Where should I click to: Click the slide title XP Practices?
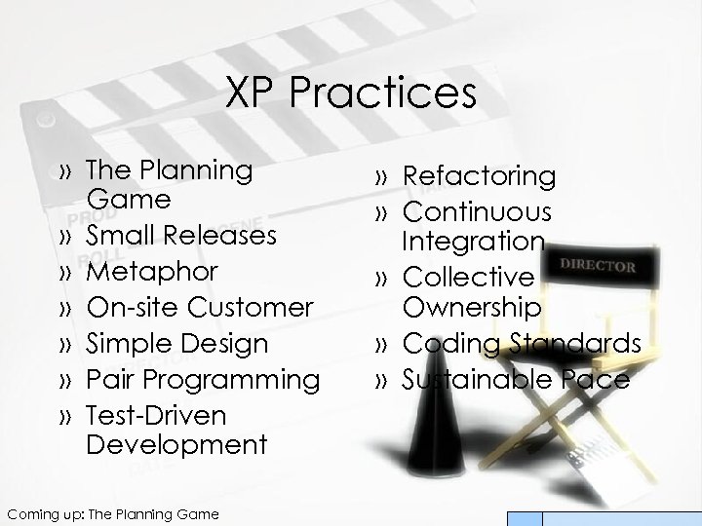click(351, 94)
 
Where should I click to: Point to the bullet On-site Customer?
click(200, 308)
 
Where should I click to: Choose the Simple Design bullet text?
click(176, 344)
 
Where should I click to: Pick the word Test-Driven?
click(155, 416)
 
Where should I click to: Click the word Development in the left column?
click(175, 445)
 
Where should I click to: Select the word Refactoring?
click(480, 176)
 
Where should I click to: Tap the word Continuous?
click(478, 211)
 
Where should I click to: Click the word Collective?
click(469, 279)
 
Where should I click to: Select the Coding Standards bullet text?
click(522, 343)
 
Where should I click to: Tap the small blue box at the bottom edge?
click(527, 519)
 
